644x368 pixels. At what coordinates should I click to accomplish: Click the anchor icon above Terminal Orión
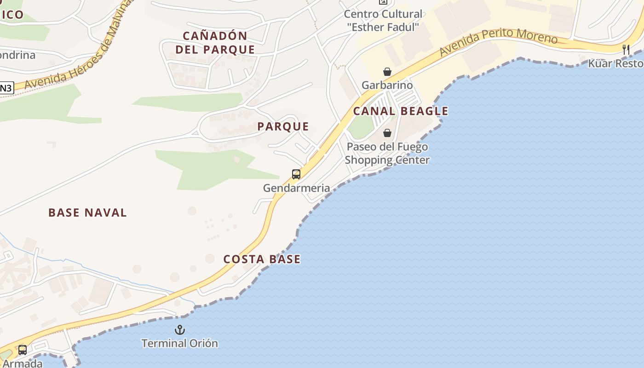[179, 329]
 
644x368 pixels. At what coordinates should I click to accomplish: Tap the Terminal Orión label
[179, 343]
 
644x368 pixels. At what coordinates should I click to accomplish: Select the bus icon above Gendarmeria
[296, 174]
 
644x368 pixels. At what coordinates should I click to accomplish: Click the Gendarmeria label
[296, 188]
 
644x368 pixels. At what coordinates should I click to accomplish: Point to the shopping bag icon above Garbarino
[387, 72]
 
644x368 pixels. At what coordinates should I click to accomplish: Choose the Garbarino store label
[387, 85]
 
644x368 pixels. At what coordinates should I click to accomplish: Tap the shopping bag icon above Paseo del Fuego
[387, 133]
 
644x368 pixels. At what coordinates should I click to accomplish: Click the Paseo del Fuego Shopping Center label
[387, 154]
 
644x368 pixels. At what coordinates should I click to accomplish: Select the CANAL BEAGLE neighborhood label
[400, 111]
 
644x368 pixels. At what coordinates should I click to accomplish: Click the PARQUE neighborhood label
[283, 126]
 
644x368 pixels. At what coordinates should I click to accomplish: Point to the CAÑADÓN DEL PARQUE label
[215, 42]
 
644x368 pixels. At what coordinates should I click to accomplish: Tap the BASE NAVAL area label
[87, 213]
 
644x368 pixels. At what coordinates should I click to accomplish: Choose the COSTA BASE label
[262, 259]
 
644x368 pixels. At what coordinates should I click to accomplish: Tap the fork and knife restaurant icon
[626, 50]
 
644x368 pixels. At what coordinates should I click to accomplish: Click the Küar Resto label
[615, 63]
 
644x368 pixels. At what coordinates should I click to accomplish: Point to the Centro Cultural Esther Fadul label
[383, 21]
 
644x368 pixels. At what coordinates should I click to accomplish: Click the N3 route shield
[6, 88]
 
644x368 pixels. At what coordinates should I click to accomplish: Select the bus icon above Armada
[22, 350]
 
